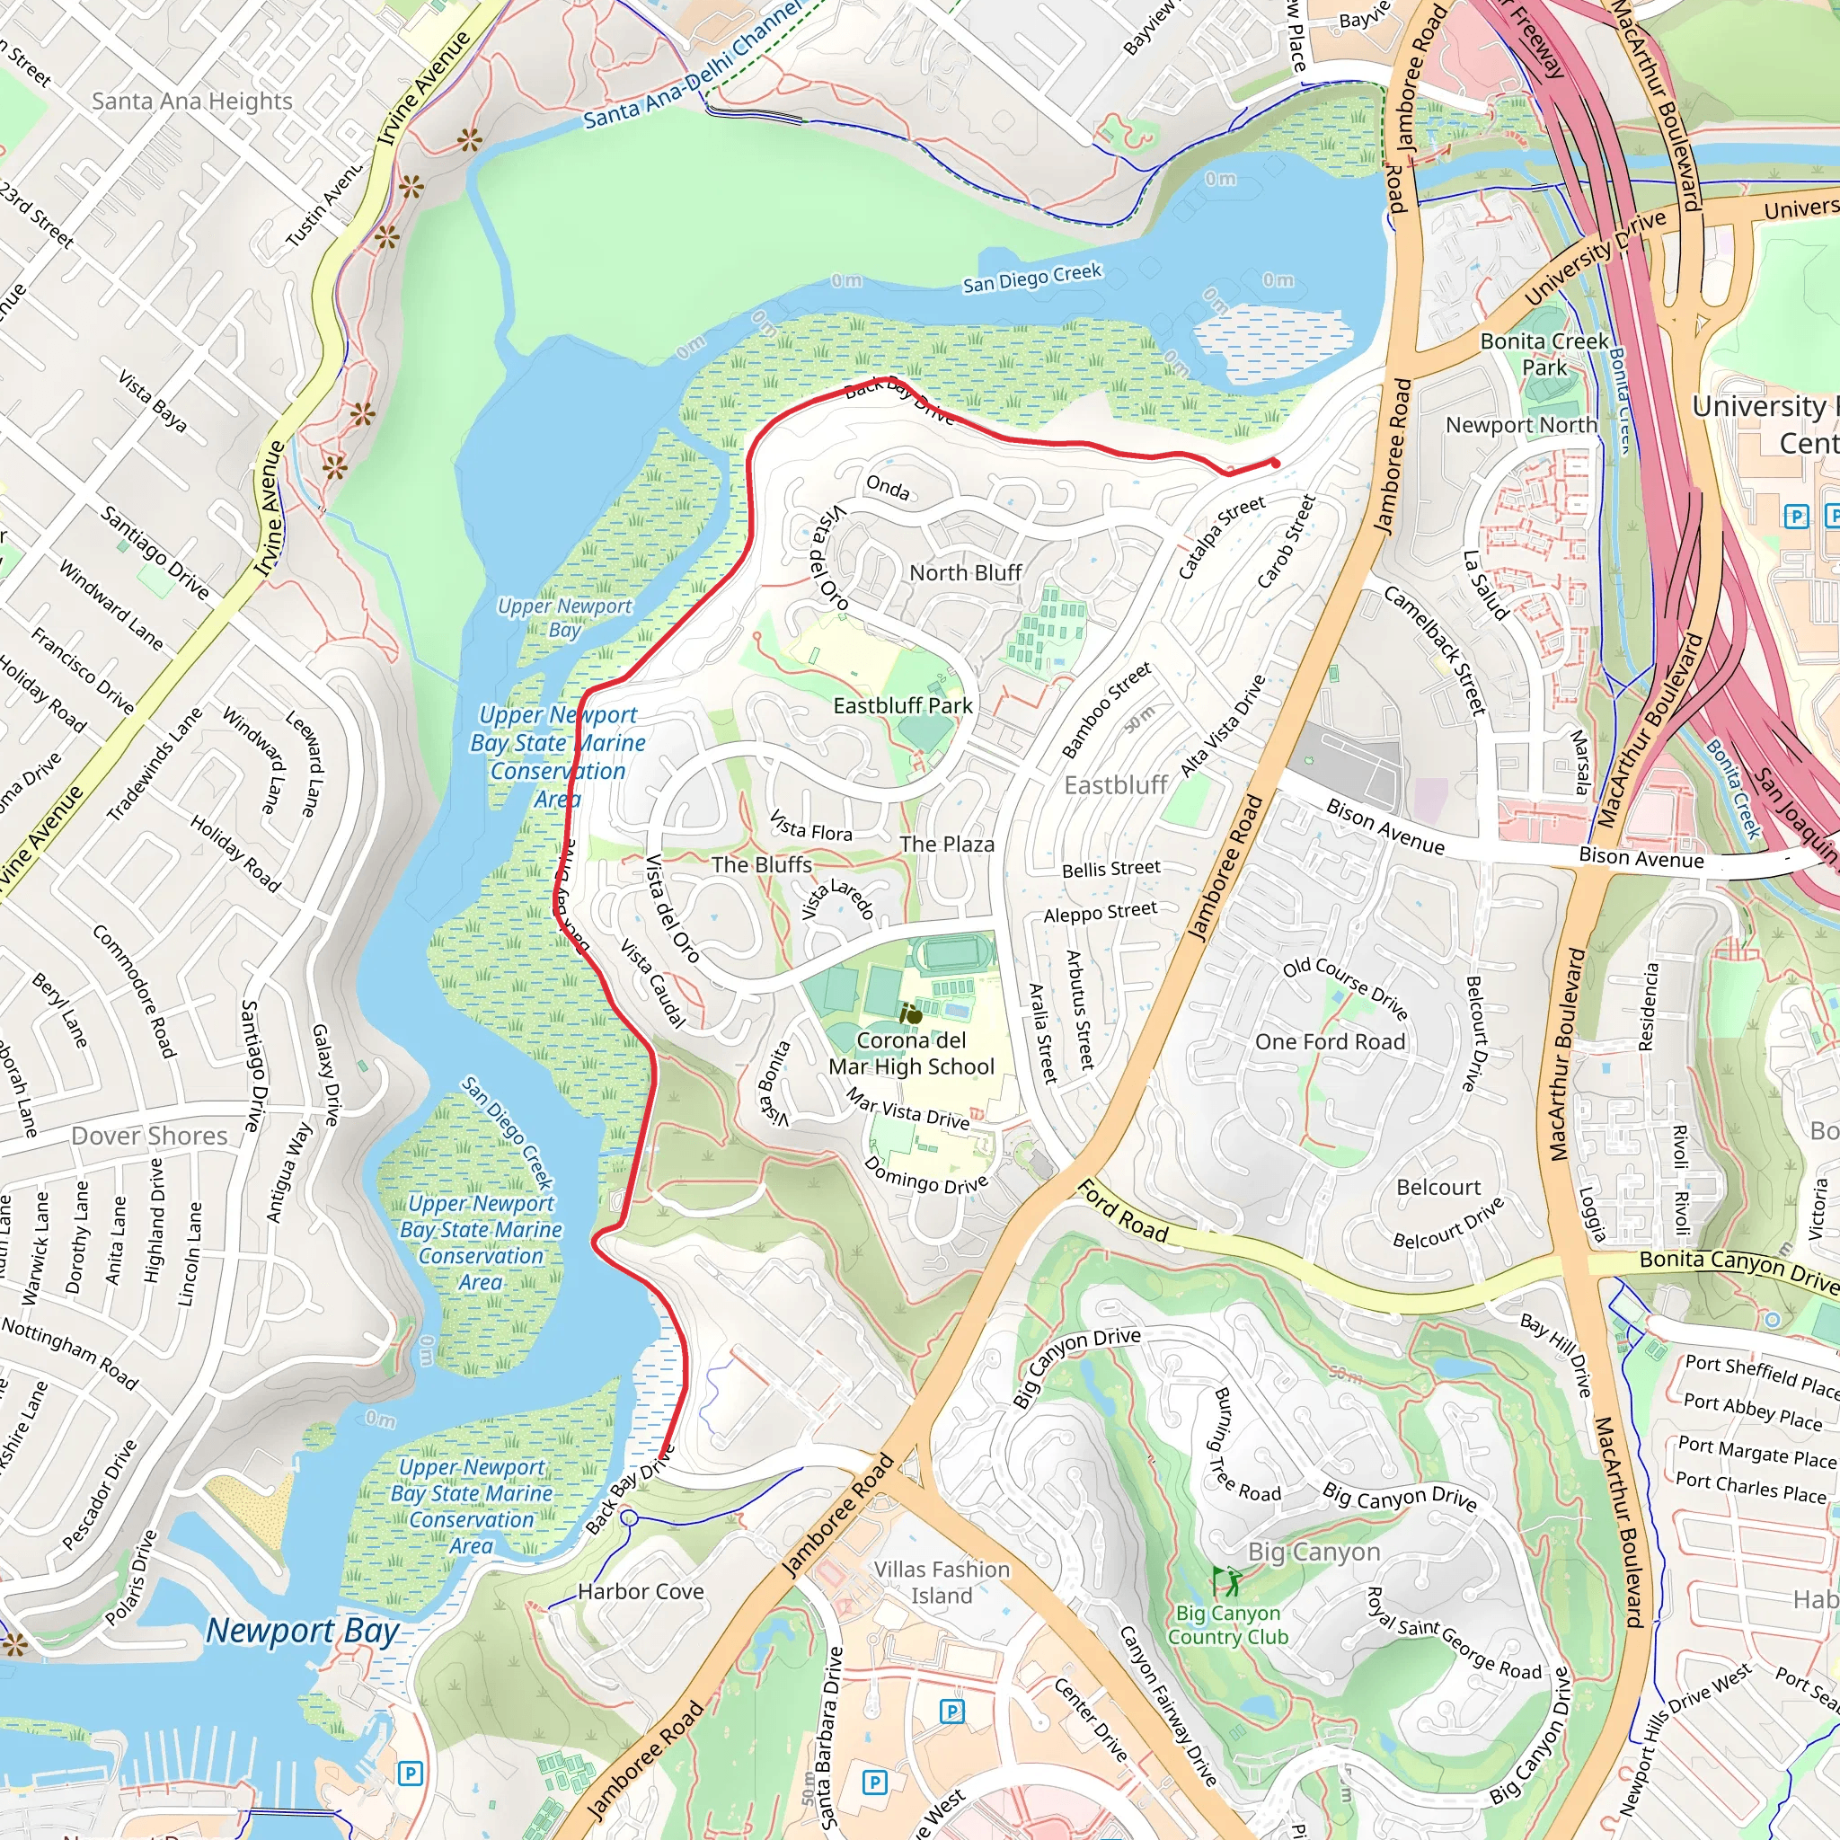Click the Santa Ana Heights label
[191, 101]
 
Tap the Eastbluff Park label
[902, 705]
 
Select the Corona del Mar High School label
[910, 1053]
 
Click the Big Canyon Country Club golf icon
[1225, 1582]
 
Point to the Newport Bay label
[302, 1631]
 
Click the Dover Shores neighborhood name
[149, 1136]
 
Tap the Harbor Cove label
[640, 1591]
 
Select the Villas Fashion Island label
[941, 1582]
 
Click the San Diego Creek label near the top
[1031, 279]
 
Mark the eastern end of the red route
[1274, 463]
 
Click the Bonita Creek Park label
[1544, 354]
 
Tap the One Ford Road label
[1330, 1042]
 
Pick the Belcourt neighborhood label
[1438, 1188]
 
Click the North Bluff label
[965, 572]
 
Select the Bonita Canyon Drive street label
[1738, 1266]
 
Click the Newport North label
[1521, 425]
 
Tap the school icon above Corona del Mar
[909, 1014]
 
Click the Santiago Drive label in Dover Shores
[252, 1066]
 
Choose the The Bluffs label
[761, 865]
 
